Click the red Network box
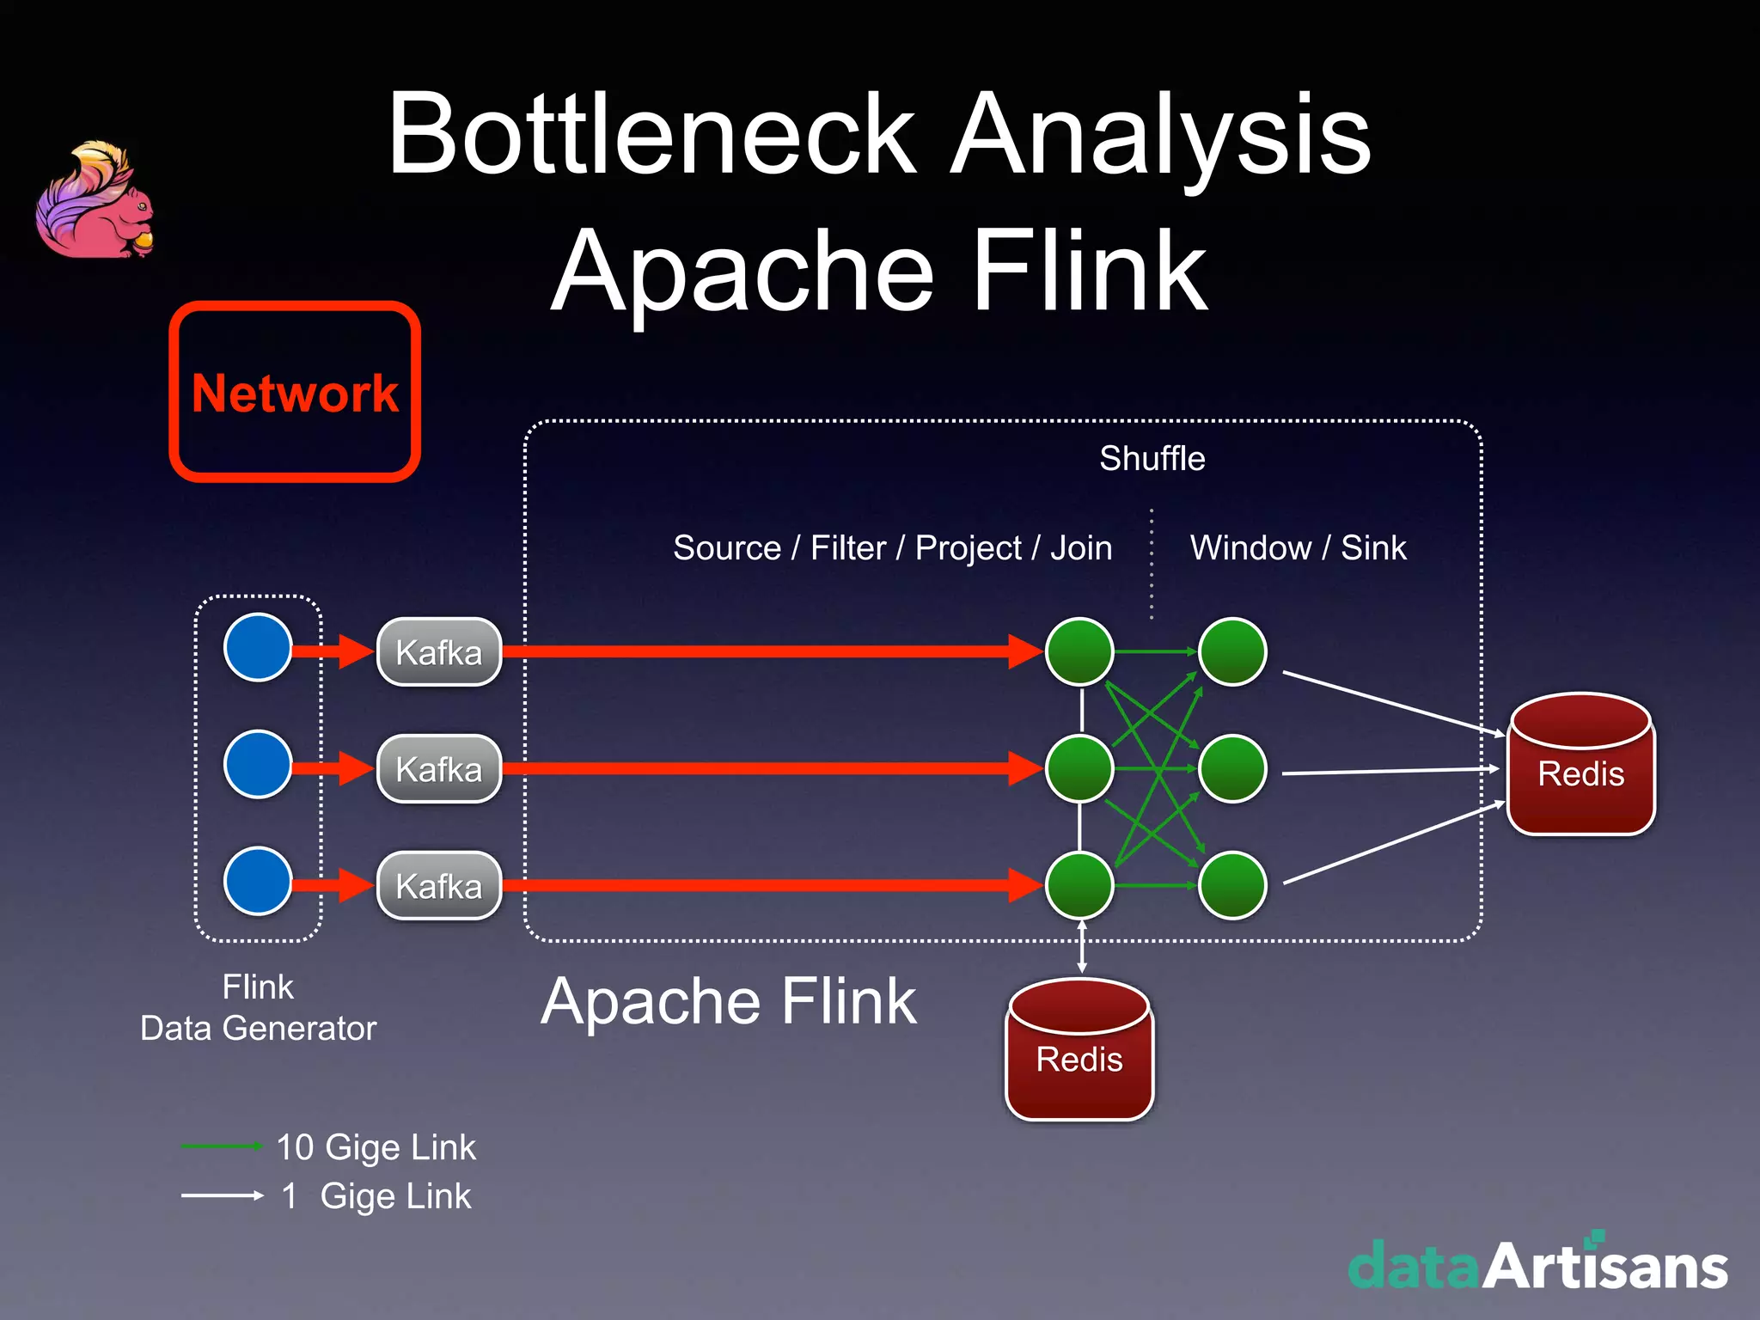coord(295,392)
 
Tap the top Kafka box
coord(439,652)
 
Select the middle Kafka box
coord(439,769)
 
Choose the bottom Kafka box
coord(439,886)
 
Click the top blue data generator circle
coord(258,647)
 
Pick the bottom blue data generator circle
coord(258,881)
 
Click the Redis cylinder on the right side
coord(1580,765)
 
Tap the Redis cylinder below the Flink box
coord(1079,1050)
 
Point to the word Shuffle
coord(1152,459)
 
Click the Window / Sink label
coord(1298,548)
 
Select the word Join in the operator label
coord(1081,548)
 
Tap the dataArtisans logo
coord(1537,1265)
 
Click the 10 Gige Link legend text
coord(376,1147)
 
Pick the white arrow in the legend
coord(222,1195)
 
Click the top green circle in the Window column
coord(1232,651)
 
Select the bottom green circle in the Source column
coord(1079,885)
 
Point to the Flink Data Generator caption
coord(258,1007)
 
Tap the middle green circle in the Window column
coord(1232,768)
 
